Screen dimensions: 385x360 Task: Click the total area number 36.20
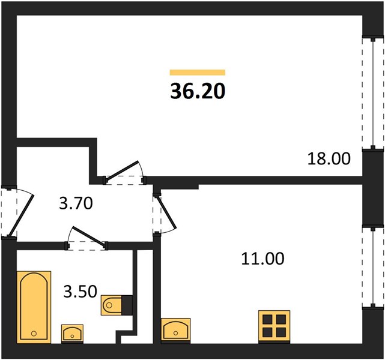click(198, 91)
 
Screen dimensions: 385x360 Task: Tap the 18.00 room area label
click(329, 158)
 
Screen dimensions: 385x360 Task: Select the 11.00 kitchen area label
click(262, 259)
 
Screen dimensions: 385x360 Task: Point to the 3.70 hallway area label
click(76, 203)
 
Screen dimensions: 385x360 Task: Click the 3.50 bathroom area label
click(80, 292)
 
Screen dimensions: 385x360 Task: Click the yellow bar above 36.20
click(198, 73)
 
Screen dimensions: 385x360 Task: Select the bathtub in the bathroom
click(34, 307)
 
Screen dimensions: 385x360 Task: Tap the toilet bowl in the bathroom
click(112, 305)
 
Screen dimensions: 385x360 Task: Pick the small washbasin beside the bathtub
click(72, 333)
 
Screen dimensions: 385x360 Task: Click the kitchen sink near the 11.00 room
click(176, 330)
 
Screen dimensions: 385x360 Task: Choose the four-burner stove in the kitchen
click(274, 326)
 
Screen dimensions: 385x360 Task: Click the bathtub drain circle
click(34, 334)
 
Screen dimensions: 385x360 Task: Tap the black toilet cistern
click(127, 305)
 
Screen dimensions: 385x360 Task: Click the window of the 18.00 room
click(373, 93)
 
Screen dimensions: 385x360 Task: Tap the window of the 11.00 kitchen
click(373, 267)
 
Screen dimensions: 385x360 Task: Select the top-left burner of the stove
click(267, 320)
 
